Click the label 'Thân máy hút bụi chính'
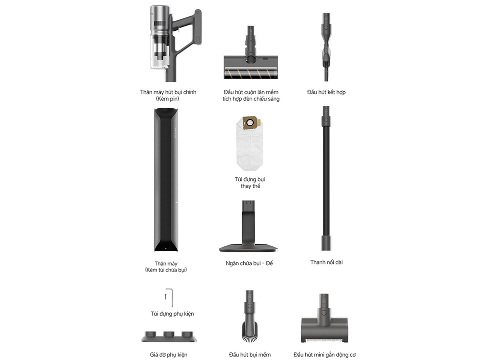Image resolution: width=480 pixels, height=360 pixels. (x=168, y=92)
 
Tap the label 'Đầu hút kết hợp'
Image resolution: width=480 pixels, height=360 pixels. (x=326, y=92)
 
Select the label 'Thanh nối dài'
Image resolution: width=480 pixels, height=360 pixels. (x=326, y=262)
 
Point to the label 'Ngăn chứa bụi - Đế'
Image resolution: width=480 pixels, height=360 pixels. (x=249, y=263)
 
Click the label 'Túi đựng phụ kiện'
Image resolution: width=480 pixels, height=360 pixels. (x=172, y=314)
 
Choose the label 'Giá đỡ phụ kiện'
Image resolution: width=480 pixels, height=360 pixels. (x=169, y=354)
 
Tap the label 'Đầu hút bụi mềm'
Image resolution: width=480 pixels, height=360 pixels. (x=250, y=354)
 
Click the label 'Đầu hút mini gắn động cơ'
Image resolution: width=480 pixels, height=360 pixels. (x=324, y=354)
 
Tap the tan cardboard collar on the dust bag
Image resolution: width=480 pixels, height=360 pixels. (x=251, y=123)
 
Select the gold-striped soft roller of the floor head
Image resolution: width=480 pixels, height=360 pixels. (x=251, y=74)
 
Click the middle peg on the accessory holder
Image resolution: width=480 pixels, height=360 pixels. (x=169, y=334)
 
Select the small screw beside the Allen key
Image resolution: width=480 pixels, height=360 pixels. (x=166, y=297)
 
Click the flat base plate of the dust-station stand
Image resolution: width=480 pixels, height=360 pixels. (x=248, y=248)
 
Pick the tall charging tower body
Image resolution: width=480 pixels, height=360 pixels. (x=166, y=180)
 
